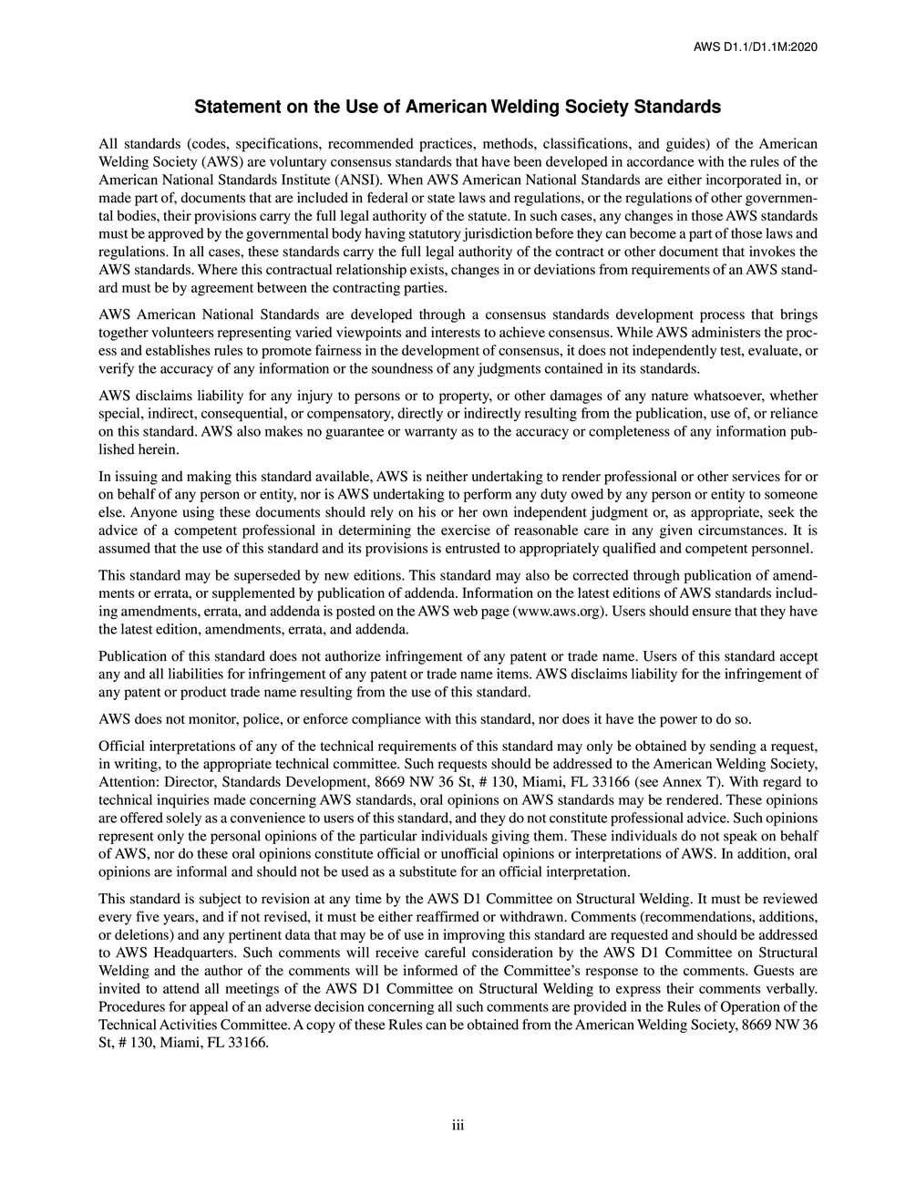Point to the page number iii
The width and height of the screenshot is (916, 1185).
click(x=458, y=1126)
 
